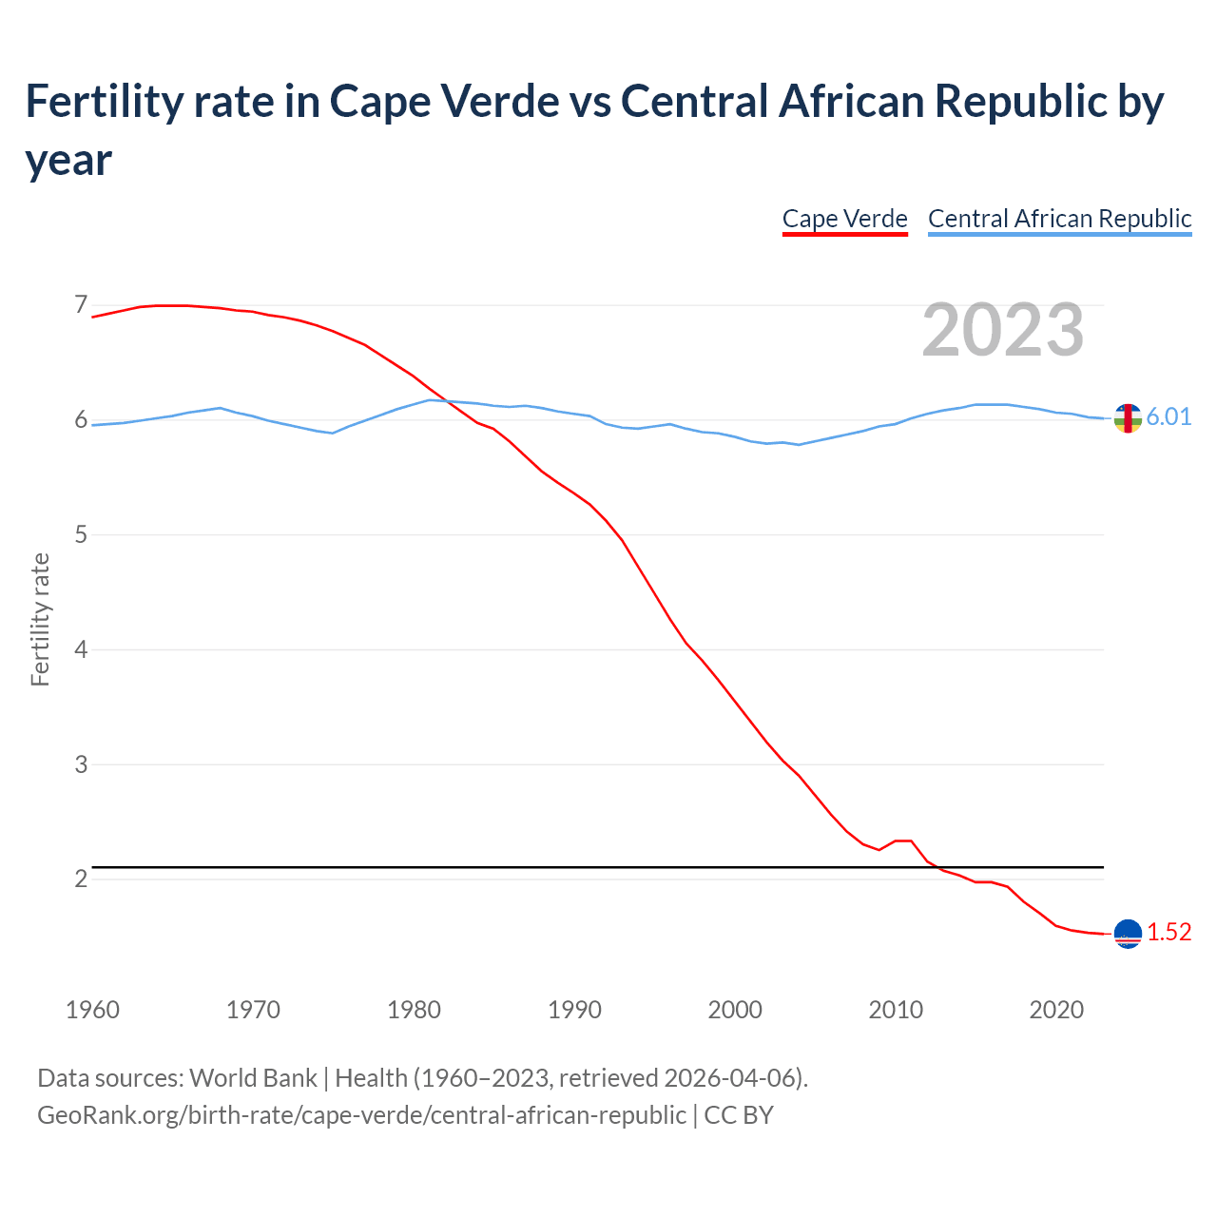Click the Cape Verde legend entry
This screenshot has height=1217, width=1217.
844,219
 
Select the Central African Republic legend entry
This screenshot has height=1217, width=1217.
1059,219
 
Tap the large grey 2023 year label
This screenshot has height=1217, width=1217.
1003,329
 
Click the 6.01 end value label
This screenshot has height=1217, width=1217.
1169,417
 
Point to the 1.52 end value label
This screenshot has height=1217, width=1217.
1169,933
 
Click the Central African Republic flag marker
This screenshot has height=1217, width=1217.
1128,417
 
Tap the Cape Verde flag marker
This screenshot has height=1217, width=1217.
1128,934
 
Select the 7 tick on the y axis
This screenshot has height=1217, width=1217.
81,305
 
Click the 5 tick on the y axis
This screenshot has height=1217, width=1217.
81,534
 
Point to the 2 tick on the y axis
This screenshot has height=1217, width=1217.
81,879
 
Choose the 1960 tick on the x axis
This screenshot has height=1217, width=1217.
92,1010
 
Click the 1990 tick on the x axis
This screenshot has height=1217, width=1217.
574,1010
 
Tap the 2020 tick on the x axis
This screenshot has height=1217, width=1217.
1056,1010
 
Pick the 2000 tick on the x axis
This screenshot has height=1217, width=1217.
735,1010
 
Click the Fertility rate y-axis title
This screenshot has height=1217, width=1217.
40,619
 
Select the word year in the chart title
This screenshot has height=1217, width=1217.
68,160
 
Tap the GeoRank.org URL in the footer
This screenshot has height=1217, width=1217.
361,1114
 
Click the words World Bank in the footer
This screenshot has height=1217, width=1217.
253,1078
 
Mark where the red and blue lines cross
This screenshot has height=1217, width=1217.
441,400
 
